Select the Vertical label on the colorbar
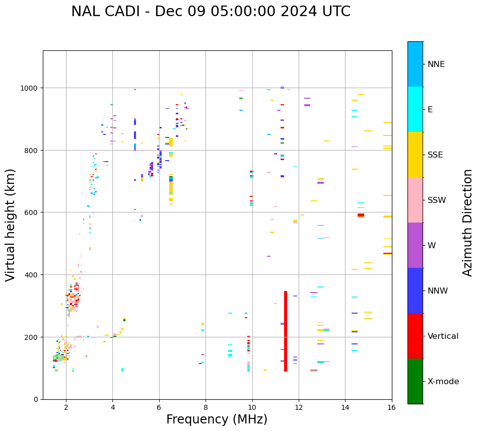coord(443,336)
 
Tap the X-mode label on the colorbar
coord(443,382)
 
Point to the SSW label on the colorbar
coord(437,200)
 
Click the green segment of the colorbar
coord(415,381)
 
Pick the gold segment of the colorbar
coord(415,155)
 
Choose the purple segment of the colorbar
coord(415,245)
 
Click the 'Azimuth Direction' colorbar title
coord(468,223)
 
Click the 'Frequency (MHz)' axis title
coord(217,419)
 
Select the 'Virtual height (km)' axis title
coord(11,225)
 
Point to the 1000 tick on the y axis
coord(31,88)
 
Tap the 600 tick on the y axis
coord(33,212)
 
